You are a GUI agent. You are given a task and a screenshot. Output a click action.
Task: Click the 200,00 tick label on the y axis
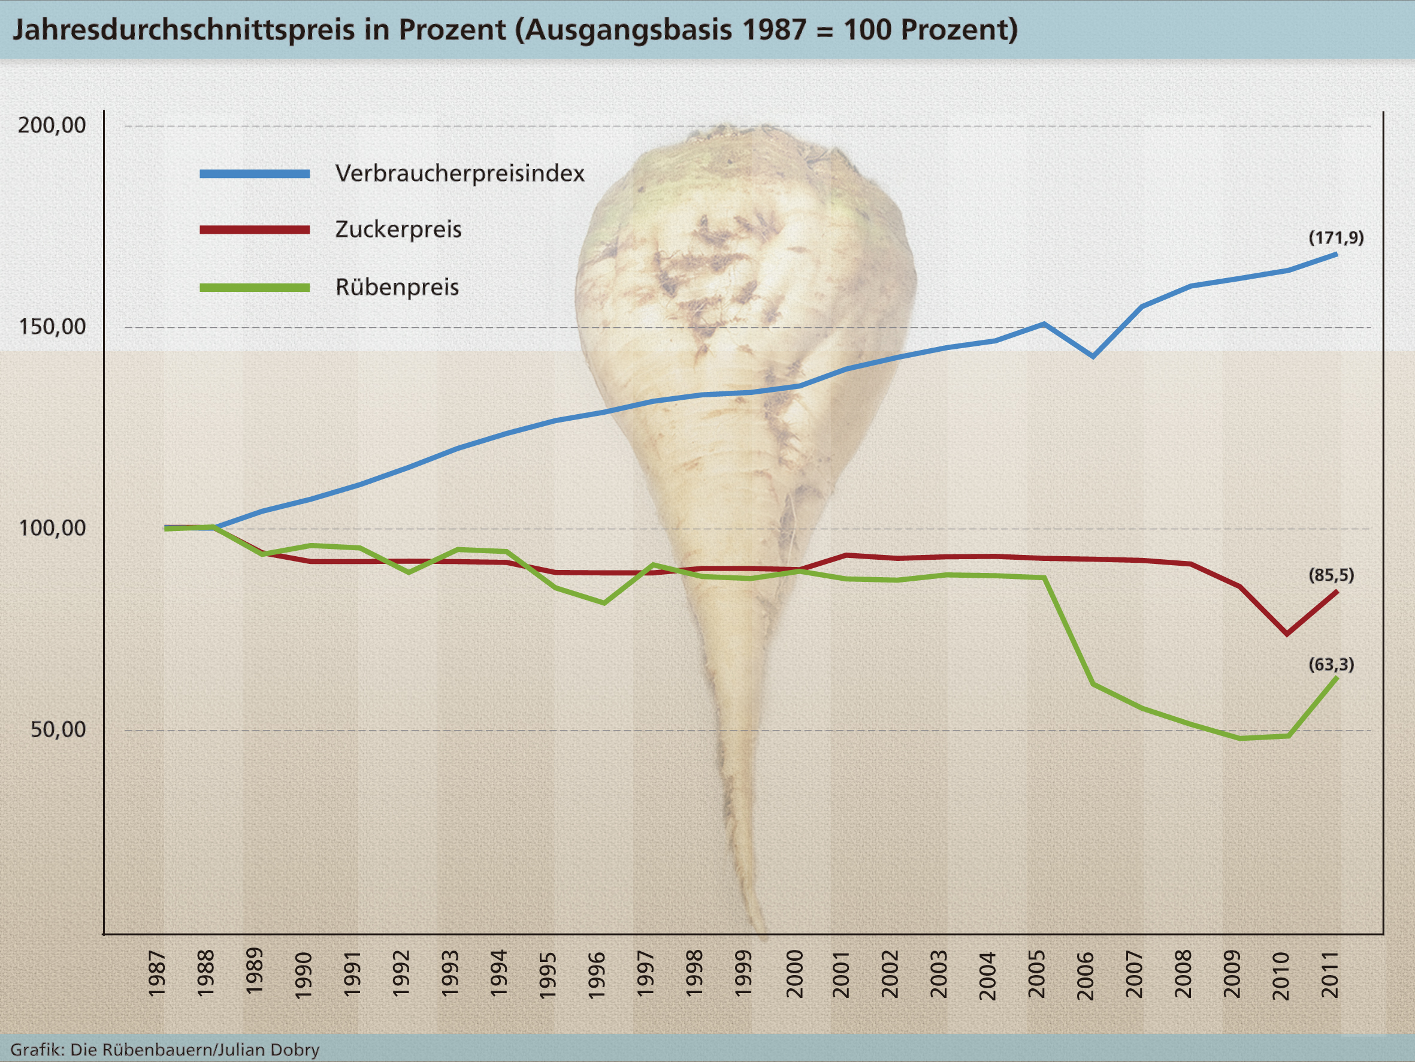(x=52, y=125)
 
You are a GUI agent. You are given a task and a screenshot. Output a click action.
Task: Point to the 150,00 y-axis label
(x=52, y=327)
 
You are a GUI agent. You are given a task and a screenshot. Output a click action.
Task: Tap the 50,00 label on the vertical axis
(x=58, y=729)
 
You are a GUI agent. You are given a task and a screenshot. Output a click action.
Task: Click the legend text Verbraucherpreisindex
(x=459, y=173)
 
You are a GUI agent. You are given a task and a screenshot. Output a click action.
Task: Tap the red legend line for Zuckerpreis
(x=255, y=230)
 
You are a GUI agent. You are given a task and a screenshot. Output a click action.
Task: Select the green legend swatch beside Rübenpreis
(x=255, y=288)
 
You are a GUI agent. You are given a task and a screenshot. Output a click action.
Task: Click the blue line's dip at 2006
(x=1093, y=356)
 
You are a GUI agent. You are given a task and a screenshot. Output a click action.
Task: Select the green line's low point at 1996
(x=604, y=603)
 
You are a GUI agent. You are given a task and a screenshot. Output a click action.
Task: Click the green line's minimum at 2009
(x=1239, y=738)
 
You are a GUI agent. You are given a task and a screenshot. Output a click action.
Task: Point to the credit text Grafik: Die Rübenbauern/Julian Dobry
(x=165, y=1050)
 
